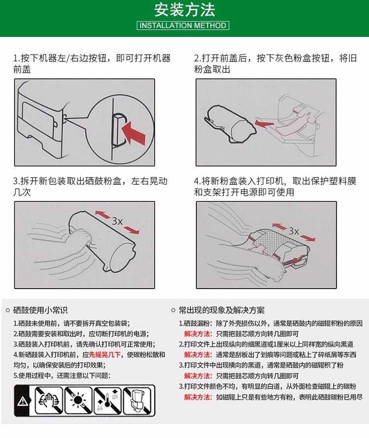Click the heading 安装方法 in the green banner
tap(184, 10)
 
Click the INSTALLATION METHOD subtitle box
tap(184, 26)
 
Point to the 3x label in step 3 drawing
tap(117, 221)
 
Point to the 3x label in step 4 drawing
tap(294, 231)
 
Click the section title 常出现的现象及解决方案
tap(221, 310)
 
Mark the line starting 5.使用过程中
tap(61, 375)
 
